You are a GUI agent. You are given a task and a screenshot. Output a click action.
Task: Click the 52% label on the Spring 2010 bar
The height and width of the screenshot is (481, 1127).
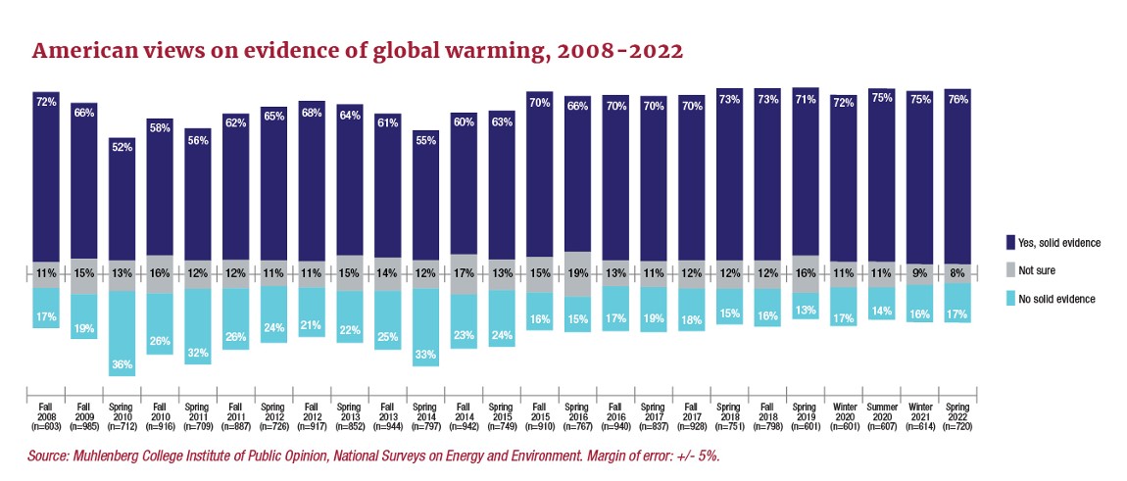click(x=122, y=147)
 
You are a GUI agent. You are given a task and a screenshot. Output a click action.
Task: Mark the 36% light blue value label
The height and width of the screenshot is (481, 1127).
click(x=122, y=365)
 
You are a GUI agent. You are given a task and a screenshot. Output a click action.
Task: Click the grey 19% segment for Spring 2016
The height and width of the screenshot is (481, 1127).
click(x=578, y=274)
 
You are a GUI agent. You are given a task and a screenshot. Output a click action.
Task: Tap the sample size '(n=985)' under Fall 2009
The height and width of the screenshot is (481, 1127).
click(x=84, y=427)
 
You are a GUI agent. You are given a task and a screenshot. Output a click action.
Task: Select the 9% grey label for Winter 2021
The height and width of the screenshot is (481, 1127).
click(x=919, y=274)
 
